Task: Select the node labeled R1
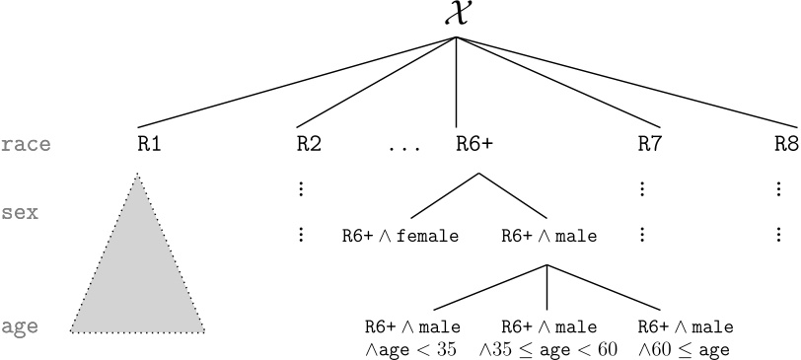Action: pos(149,144)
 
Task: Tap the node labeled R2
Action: pos(309,144)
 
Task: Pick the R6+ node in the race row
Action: pos(474,144)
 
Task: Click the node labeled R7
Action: pos(649,144)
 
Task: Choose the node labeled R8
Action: pos(786,144)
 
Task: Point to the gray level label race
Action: pos(26,145)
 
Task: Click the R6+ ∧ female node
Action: pos(399,236)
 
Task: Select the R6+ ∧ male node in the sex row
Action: pos(547,236)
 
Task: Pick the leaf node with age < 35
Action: pos(412,337)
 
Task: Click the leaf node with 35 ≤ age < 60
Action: pos(547,337)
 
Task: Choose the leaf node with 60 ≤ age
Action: pos(685,337)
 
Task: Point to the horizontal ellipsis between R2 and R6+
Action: pos(404,149)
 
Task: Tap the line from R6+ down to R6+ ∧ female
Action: pos(445,195)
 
